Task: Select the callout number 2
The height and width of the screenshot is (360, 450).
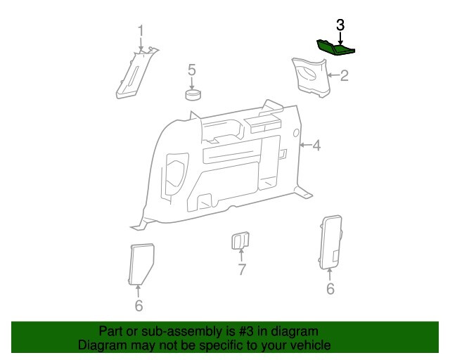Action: (x=345, y=75)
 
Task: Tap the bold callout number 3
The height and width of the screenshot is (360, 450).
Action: (x=340, y=25)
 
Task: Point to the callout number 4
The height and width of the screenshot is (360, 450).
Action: (x=316, y=146)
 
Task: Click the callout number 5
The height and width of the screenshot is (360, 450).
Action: (x=191, y=70)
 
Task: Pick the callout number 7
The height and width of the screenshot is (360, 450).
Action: (x=240, y=269)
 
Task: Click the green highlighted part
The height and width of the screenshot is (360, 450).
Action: (x=335, y=47)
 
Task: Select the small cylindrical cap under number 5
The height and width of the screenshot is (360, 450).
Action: (x=193, y=94)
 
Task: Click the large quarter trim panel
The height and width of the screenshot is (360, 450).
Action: (x=225, y=165)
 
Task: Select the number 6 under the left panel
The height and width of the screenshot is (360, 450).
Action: (x=139, y=305)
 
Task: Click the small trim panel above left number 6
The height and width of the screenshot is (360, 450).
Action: (x=142, y=262)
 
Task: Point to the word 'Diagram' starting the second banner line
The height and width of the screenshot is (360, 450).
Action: (x=99, y=345)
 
